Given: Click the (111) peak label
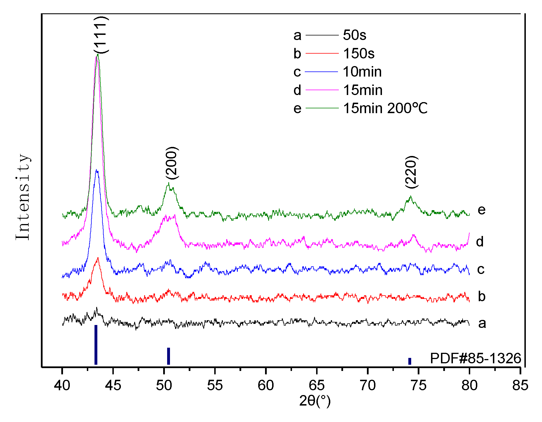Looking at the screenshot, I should tap(101, 35).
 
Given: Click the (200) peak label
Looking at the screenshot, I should tap(172, 163).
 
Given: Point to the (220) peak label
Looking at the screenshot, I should tap(411, 172).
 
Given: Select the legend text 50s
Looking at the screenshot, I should tap(354, 35).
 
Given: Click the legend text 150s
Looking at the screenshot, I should tap(359, 53).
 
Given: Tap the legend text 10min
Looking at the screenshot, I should tap(362, 72).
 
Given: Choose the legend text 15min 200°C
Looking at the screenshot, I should tap(385, 108).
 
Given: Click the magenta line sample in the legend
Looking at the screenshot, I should tap(322, 90).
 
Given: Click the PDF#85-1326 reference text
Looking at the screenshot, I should tap(475, 358).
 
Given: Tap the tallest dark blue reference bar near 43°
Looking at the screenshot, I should tap(96, 345).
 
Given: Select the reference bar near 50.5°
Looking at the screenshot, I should tap(169, 356).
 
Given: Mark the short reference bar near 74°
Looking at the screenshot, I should tap(410, 361).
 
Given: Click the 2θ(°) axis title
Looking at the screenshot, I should tap(315, 401).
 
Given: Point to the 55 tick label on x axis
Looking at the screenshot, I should tap(215, 385).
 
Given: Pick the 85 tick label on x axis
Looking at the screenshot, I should tap(520, 385).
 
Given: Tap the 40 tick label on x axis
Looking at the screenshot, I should tap(62, 385).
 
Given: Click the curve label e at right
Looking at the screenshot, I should tap(482, 210).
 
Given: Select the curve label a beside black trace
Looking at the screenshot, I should tap(482, 323).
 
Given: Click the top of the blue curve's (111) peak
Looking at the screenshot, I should tap(97, 170).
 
